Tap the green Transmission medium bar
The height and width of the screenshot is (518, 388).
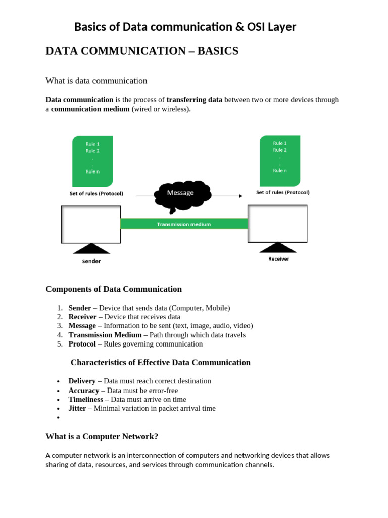[x=184, y=224]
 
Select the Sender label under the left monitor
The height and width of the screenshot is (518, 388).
[x=91, y=261]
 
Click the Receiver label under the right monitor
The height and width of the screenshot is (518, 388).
[x=278, y=258]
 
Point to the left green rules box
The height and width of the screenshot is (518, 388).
[x=92, y=161]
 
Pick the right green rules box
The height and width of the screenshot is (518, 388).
[x=279, y=160]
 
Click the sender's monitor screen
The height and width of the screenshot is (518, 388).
[x=91, y=224]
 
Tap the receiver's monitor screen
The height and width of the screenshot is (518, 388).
[x=277, y=223]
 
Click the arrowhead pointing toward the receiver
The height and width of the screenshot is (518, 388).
[x=240, y=196]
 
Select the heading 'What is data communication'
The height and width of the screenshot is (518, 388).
[x=96, y=81]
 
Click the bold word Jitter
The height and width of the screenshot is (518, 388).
[x=77, y=408]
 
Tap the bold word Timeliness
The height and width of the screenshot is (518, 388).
[x=86, y=399]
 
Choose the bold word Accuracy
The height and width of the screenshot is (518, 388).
[x=84, y=391]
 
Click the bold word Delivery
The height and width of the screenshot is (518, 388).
[x=82, y=381]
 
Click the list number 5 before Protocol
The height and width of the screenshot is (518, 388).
[x=59, y=344]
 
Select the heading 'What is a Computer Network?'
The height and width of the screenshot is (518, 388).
[x=102, y=436]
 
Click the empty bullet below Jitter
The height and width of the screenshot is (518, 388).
[x=59, y=418]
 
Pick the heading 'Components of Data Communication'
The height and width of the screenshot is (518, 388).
[x=114, y=289]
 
